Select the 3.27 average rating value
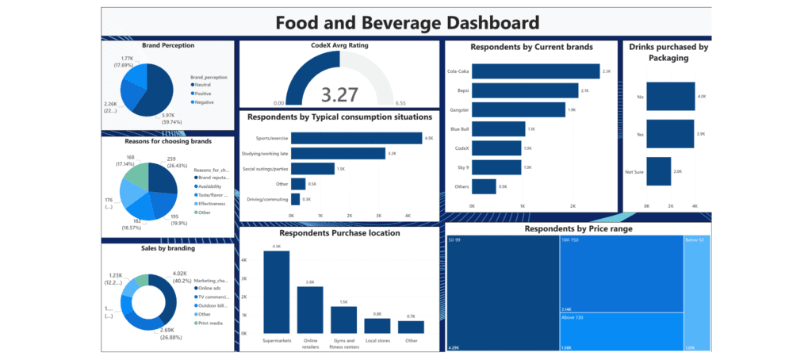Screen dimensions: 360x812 (339, 96)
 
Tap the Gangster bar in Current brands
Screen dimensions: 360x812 (519, 109)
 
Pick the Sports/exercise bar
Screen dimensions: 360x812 (356, 138)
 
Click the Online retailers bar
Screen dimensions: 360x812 (310, 309)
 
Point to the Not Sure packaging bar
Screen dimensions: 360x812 (658, 171)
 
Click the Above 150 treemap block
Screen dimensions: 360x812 (620, 331)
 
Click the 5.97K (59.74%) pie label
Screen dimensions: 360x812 (174, 117)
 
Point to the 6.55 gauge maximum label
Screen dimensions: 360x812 (400, 103)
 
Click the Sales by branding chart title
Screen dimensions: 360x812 (167, 248)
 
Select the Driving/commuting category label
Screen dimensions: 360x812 (264, 198)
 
